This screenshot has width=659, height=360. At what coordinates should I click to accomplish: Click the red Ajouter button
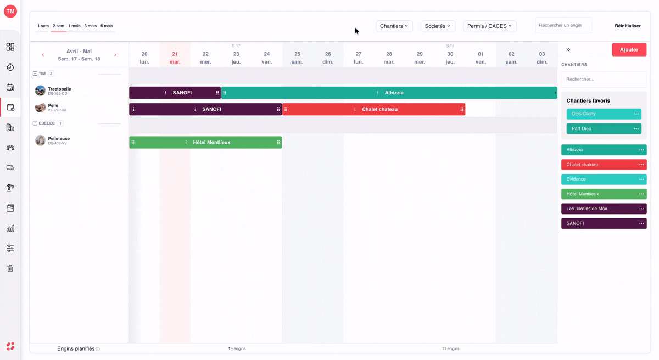pos(629,50)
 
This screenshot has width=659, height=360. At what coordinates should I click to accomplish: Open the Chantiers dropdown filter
pos(394,26)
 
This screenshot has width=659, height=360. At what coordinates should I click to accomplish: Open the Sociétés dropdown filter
pos(438,26)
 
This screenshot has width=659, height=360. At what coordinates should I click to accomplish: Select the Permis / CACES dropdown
pos(489,26)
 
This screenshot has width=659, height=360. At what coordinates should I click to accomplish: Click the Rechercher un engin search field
pos(563,25)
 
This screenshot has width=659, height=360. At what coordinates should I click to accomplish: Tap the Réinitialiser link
pos(628,26)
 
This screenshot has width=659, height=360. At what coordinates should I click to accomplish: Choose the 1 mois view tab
pos(74,26)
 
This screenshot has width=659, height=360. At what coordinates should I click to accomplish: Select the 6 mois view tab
pos(107,26)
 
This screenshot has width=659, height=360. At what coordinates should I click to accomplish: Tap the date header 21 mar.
pos(175,58)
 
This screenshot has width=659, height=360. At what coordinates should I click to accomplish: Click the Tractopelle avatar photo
pos(40,91)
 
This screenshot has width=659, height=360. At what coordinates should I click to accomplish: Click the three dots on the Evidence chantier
pos(641,179)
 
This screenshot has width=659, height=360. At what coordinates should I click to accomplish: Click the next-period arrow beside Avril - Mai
pos(115,55)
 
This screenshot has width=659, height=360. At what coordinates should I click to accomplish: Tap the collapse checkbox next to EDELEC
pos(35,123)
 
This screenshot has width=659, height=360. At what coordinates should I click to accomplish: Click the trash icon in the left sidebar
pos(10,268)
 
